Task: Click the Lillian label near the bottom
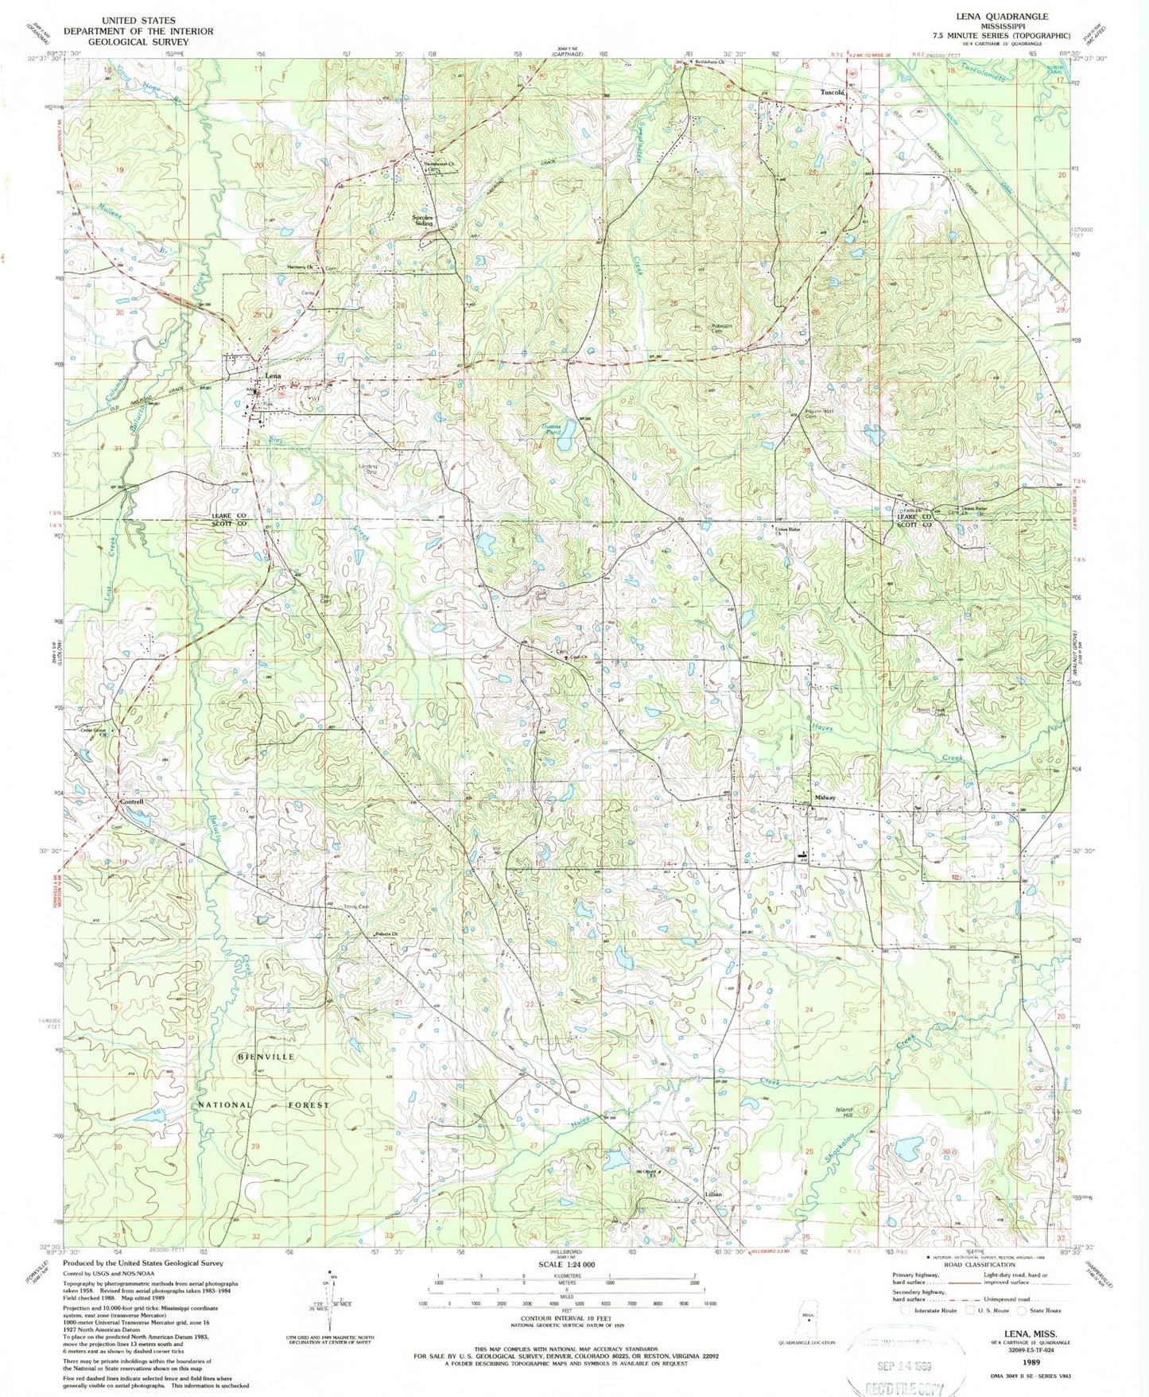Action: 712,1195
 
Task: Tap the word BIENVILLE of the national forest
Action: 266,1057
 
